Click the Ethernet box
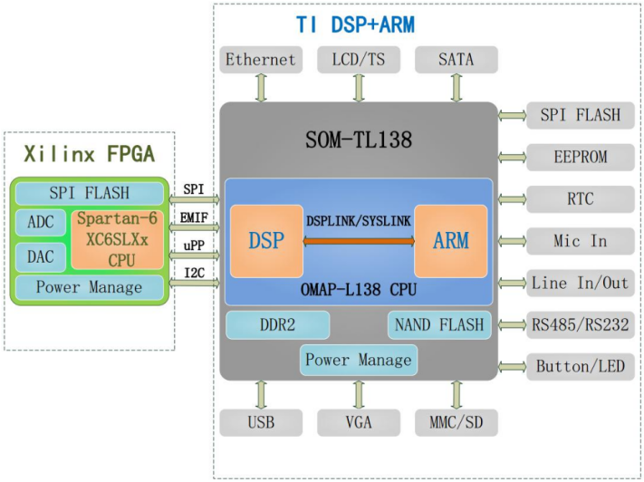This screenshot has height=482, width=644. pyautogui.click(x=261, y=60)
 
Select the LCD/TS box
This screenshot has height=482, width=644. pyautogui.click(x=359, y=60)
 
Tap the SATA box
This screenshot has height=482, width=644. pyautogui.click(x=456, y=60)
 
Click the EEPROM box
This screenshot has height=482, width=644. pyautogui.click(x=580, y=157)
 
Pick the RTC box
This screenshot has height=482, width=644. pyautogui.click(x=580, y=198)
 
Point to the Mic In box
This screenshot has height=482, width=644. pyautogui.click(x=580, y=241)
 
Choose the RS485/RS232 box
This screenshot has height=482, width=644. pyautogui.click(x=580, y=324)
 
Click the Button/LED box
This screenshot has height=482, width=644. pyautogui.click(x=580, y=367)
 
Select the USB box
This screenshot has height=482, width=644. pyautogui.click(x=261, y=422)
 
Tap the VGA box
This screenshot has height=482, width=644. pyautogui.click(x=359, y=422)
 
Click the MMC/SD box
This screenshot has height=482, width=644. pyautogui.click(x=456, y=422)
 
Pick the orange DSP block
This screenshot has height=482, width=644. pyautogui.click(x=266, y=241)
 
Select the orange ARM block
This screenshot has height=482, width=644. pyautogui.click(x=450, y=241)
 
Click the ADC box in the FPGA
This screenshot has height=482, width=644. pyautogui.click(x=41, y=223)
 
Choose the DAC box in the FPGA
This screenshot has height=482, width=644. pyautogui.click(x=41, y=256)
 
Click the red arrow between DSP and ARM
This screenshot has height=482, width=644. pyautogui.click(x=359, y=242)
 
